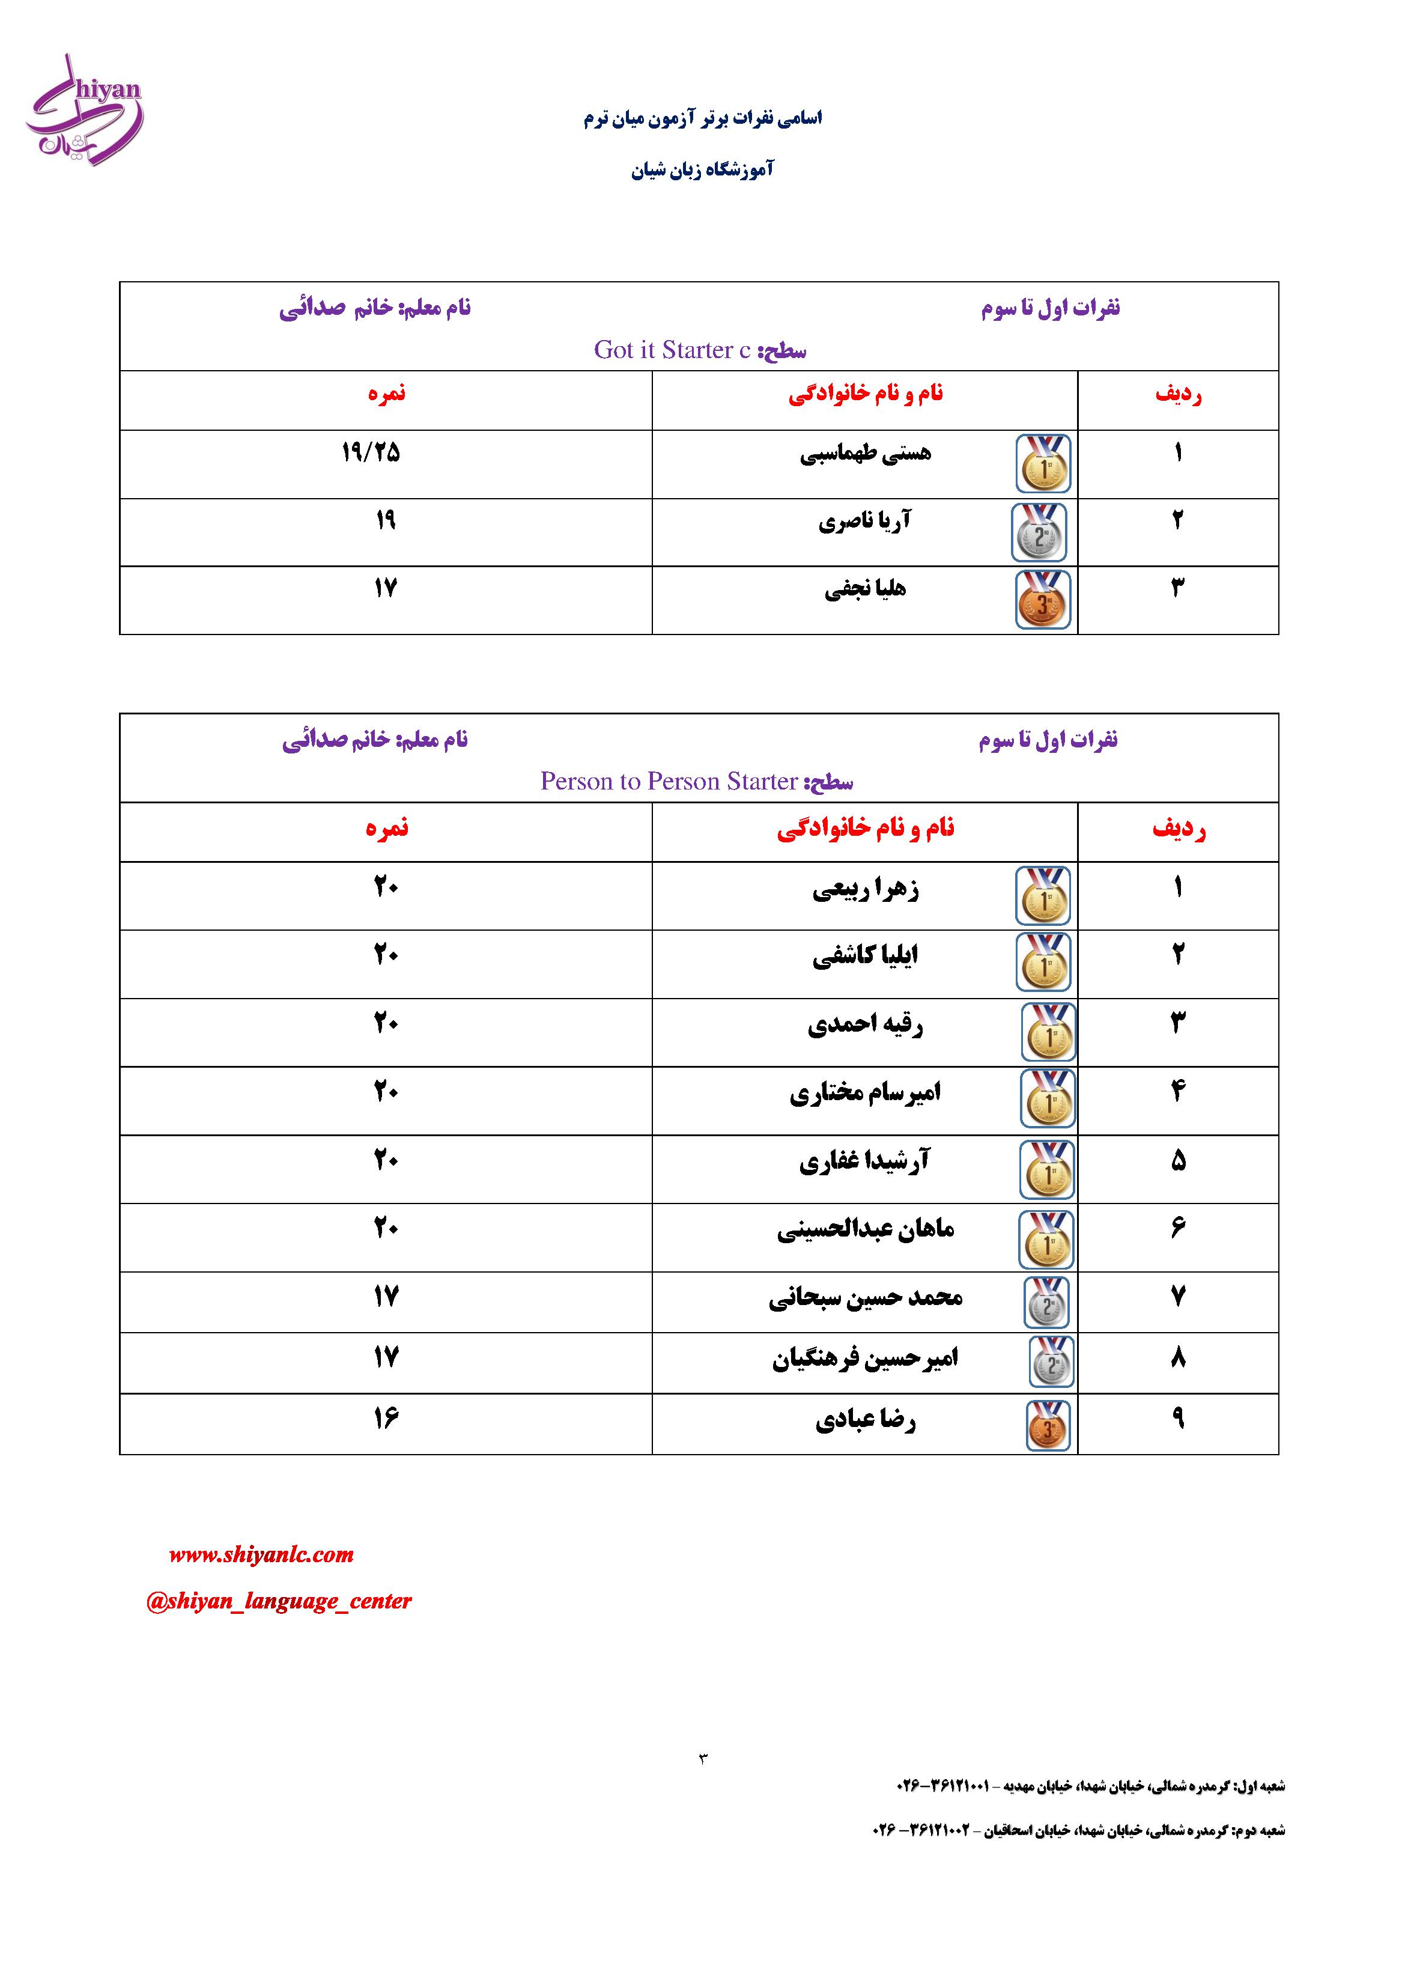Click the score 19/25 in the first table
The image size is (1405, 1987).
tap(371, 452)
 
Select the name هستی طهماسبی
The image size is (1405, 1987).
tap(865, 454)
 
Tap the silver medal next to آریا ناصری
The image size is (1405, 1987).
tap(1039, 533)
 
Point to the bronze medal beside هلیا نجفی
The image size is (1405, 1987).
tap(1043, 600)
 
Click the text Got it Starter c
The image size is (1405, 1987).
tap(672, 350)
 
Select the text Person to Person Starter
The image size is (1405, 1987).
tap(669, 782)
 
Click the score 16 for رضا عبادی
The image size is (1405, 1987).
tap(386, 1419)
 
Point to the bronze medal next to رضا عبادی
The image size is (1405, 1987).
tap(1048, 1425)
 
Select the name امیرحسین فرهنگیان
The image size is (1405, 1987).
tap(865, 1359)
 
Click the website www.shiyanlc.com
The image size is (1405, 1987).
tap(261, 1555)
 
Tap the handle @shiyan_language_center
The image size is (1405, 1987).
tap(279, 1601)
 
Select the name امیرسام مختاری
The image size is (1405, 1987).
tap(865, 1093)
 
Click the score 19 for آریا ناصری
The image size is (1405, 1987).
tap(386, 520)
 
